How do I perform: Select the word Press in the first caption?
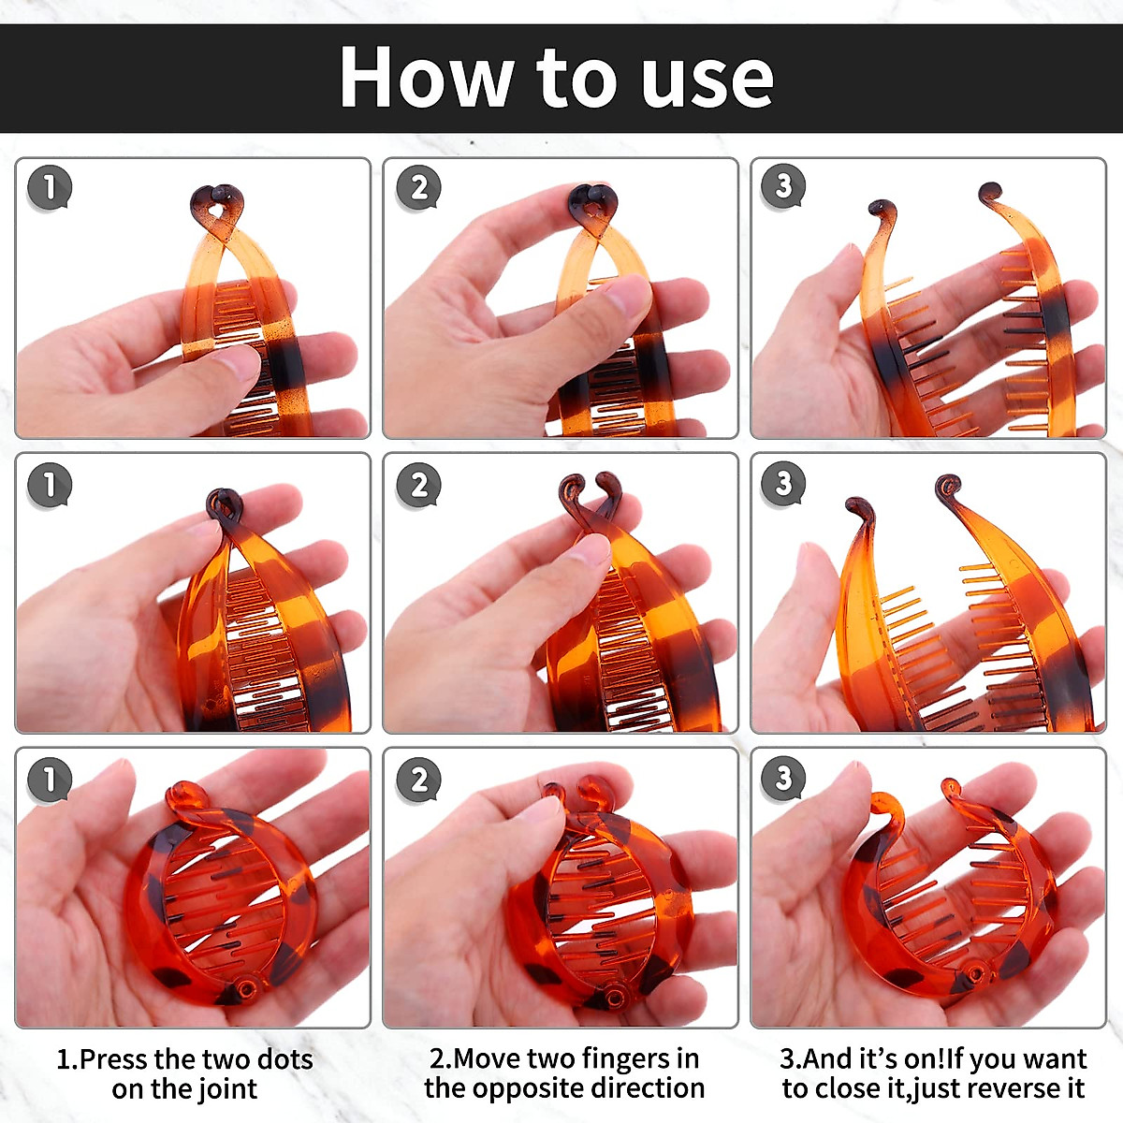click(x=112, y=1058)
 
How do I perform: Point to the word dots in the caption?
click(x=284, y=1058)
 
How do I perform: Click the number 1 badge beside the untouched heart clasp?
click(x=50, y=188)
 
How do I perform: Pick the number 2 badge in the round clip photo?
click(x=419, y=780)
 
